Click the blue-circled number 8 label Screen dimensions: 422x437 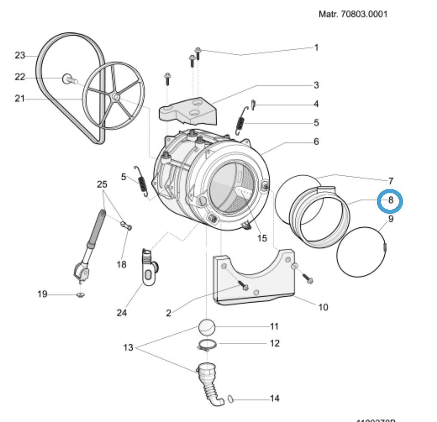(390, 201)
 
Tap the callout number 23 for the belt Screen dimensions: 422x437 (20, 55)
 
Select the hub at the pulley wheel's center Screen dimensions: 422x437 (116, 98)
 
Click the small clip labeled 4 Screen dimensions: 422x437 (253, 103)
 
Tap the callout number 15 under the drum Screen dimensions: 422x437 (262, 238)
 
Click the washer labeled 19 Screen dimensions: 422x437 (80, 296)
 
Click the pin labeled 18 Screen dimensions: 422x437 (126, 226)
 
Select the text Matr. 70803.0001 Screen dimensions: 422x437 (353, 15)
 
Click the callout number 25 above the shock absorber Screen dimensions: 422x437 (102, 184)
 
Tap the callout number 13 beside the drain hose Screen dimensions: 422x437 (128, 347)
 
